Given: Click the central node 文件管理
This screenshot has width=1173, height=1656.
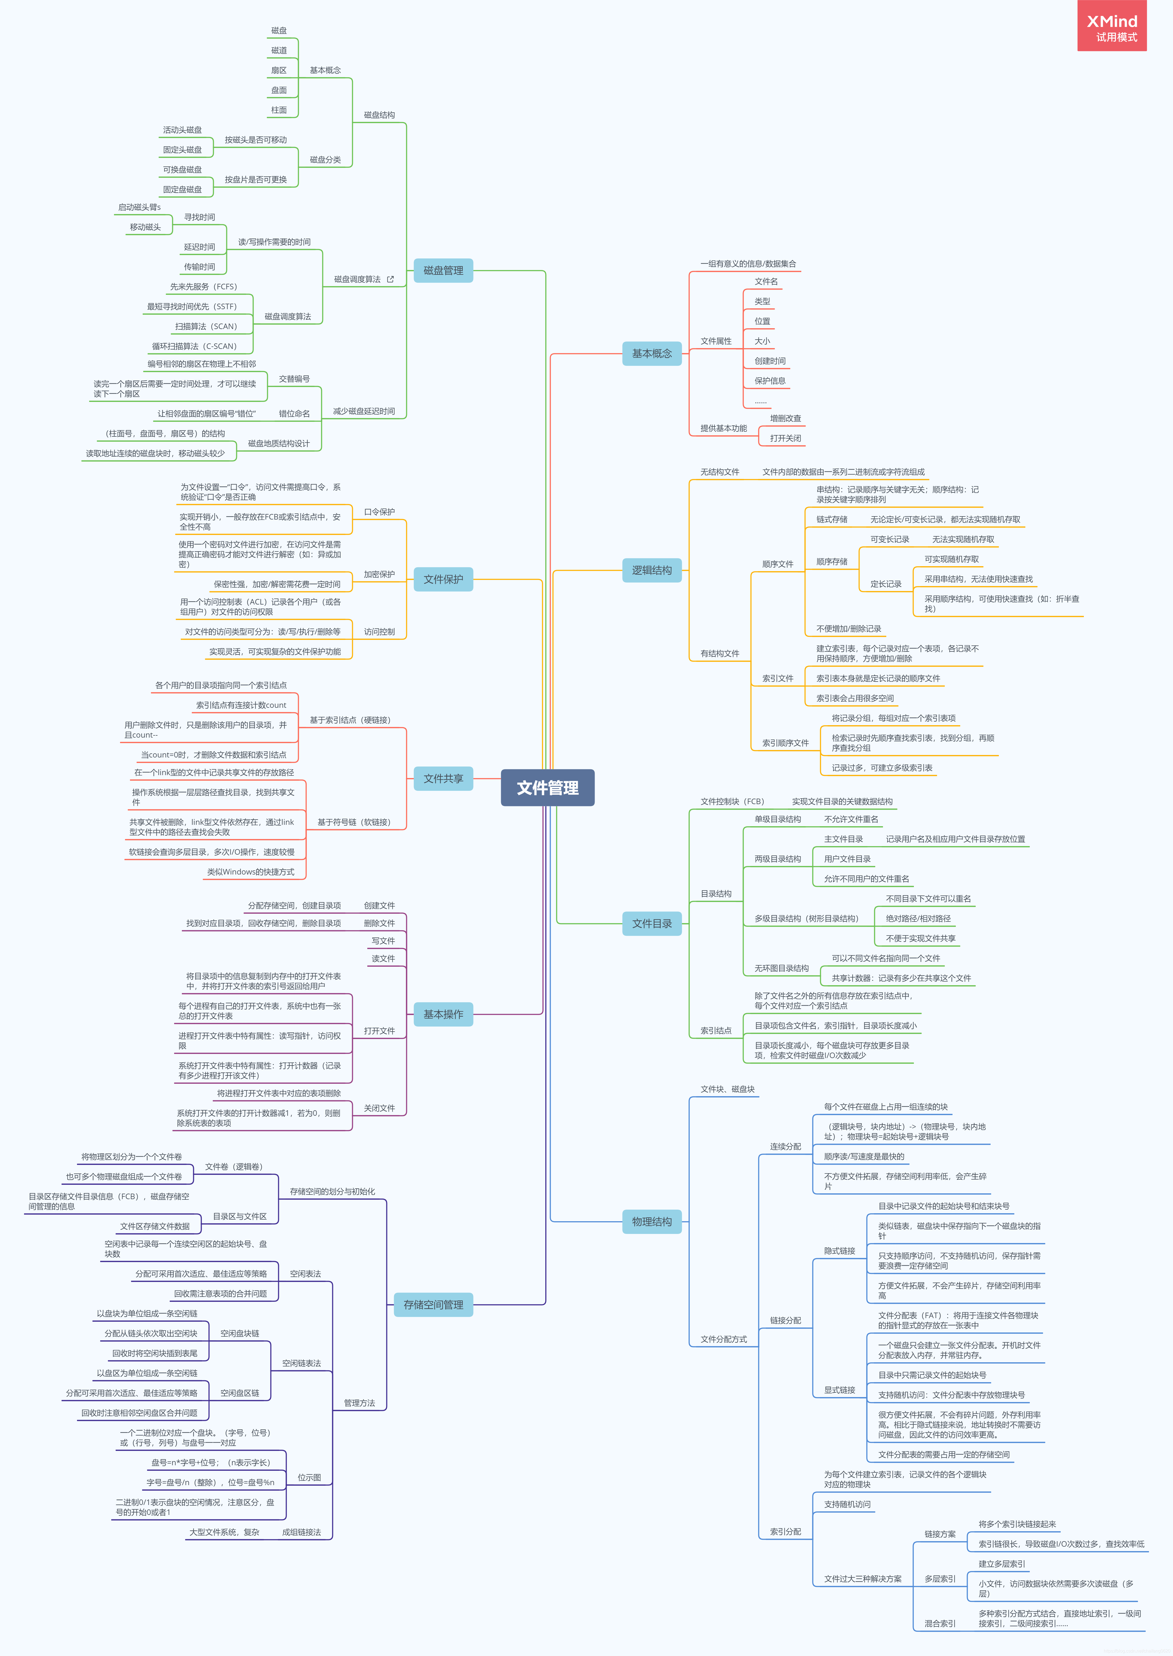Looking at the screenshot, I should (547, 788).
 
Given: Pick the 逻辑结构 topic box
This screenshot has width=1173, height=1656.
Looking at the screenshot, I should (651, 570).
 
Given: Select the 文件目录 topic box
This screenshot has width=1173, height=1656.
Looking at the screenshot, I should (651, 923).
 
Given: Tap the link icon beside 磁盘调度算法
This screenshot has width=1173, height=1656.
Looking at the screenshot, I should (391, 279).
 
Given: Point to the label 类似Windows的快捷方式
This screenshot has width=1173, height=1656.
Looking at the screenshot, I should (251, 872).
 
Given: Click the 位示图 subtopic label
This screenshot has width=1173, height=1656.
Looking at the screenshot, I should (309, 1478).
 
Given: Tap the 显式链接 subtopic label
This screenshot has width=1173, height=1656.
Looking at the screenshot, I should (839, 1390).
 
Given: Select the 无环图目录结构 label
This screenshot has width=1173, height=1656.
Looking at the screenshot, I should (781, 968).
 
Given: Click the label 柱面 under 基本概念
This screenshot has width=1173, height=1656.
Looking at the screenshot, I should (279, 110).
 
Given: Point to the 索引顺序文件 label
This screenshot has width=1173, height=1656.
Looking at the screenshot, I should (785, 743).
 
